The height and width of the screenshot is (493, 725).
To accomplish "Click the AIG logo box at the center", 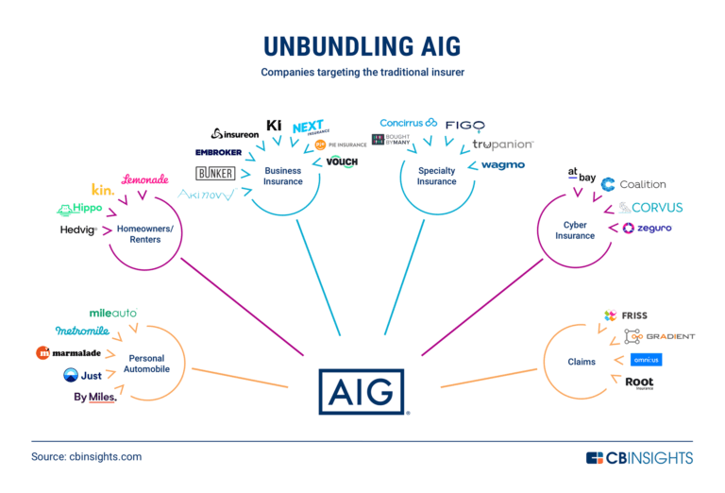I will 361,390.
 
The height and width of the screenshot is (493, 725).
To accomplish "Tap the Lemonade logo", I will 145,179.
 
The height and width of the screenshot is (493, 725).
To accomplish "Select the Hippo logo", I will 79,209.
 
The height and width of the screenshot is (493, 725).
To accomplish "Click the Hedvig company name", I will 78,229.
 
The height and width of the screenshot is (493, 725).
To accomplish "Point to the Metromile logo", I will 82,331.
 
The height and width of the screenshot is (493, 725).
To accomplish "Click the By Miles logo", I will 95,397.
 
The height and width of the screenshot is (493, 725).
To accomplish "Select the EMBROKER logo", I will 219,153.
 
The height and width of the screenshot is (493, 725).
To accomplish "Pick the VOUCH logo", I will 342,161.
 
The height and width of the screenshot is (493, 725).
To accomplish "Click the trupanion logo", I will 503,144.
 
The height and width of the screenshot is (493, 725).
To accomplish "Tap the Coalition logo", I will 633,184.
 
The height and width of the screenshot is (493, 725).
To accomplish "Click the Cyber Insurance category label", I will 575,230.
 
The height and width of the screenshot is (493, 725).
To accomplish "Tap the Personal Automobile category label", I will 146,365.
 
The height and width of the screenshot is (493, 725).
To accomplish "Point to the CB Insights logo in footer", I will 639,457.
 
